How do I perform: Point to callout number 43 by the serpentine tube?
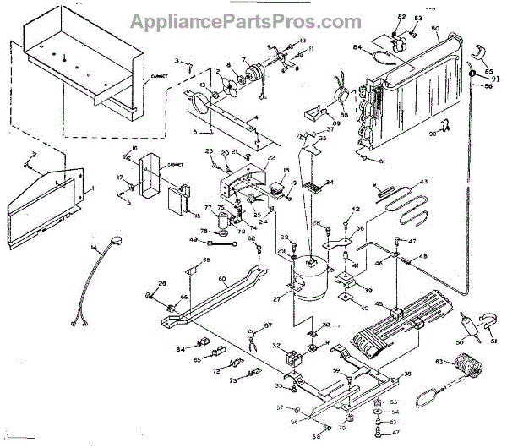(x=423, y=183)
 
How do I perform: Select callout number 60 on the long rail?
(x=221, y=278)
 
